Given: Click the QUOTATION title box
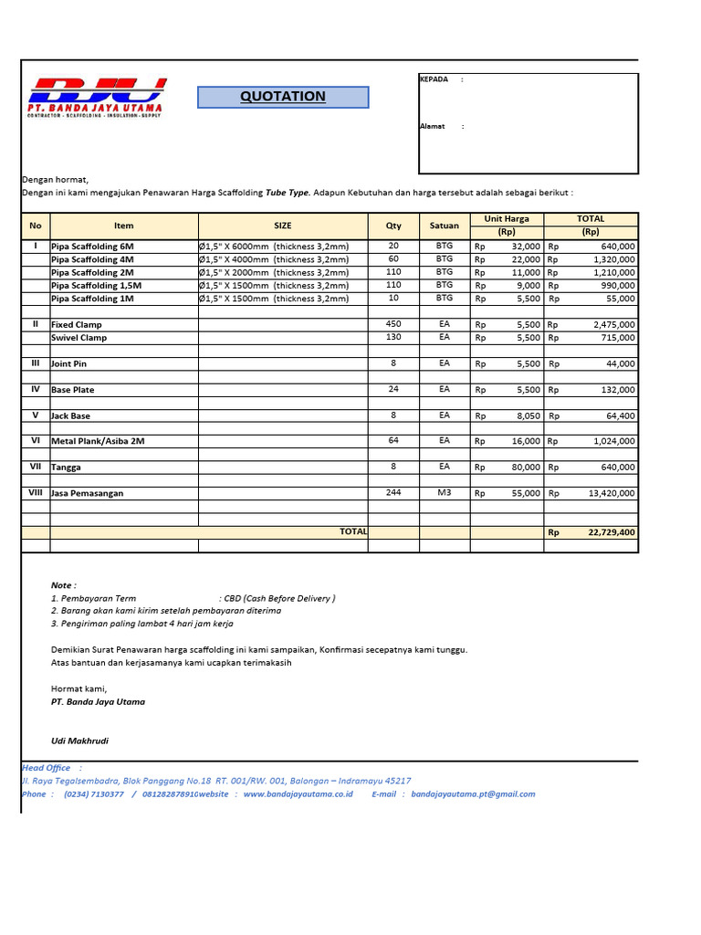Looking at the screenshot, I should click(283, 97).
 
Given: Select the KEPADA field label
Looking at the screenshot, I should click(434, 79).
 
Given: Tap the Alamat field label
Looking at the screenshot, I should click(433, 126).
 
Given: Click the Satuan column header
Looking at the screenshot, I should click(445, 226).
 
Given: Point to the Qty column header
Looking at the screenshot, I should click(393, 226).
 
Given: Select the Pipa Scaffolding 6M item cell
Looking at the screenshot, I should click(92, 247).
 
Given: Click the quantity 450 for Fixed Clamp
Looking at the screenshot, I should click(393, 324).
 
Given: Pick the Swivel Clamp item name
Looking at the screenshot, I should click(79, 338).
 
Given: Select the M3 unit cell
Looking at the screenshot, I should click(445, 493).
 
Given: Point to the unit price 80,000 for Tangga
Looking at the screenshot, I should click(525, 467).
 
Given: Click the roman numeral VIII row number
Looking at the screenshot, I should click(36, 493).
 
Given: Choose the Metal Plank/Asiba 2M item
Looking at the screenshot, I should click(98, 441).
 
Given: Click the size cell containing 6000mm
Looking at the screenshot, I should click(274, 247).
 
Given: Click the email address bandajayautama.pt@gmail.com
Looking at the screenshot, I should click(473, 794).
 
